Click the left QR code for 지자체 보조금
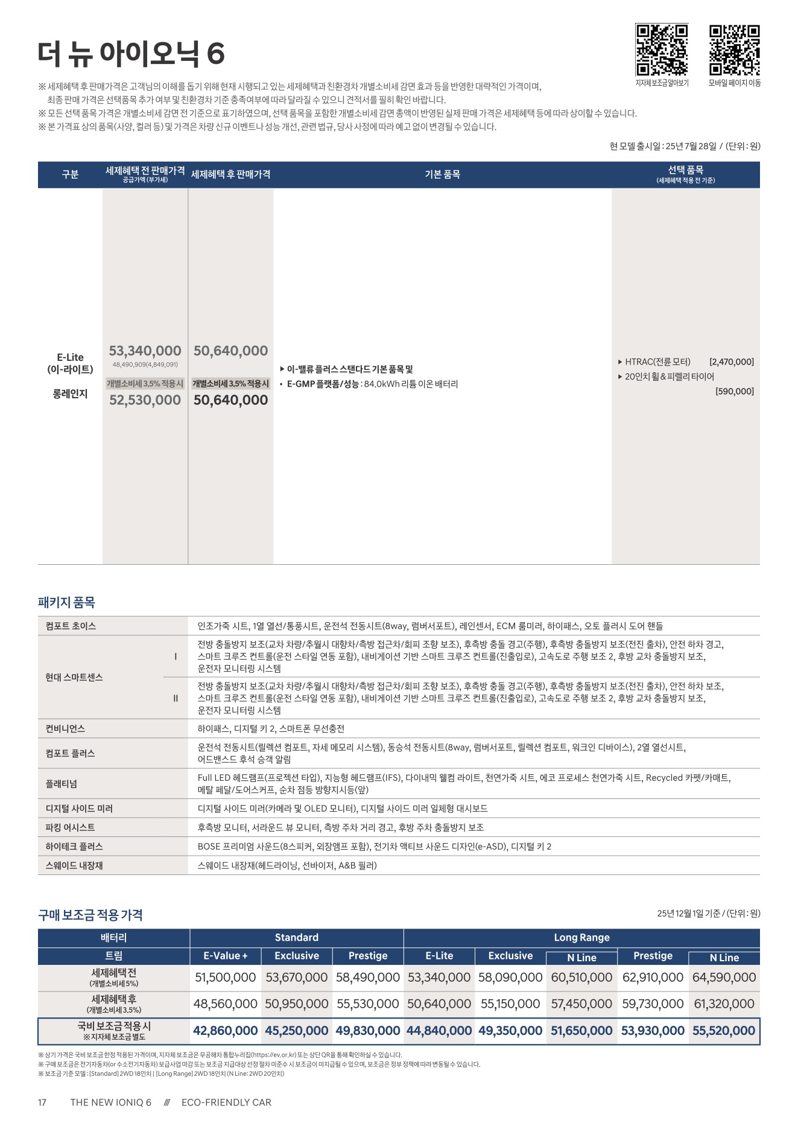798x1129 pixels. tap(661, 50)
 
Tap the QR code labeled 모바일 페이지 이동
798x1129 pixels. tap(734, 50)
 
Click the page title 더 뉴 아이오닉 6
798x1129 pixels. tap(131, 54)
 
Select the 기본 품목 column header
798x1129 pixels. tap(442, 174)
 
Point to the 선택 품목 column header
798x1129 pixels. tap(685, 174)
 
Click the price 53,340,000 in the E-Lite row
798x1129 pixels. tap(145, 351)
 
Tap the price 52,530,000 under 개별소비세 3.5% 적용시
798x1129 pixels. tap(145, 400)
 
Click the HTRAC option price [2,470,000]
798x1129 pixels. tap(731, 362)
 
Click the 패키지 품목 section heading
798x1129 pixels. tap(66, 602)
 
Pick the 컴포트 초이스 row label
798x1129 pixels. tap(71, 626)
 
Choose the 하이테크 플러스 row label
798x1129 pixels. tap(74, 846)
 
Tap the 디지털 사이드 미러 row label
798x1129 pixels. tap(79, 808)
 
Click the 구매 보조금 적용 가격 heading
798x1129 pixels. tap(90, 915)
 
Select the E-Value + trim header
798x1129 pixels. tap(226, 956)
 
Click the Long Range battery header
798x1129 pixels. tap(581, 937)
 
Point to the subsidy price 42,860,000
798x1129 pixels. tap(225, 1031)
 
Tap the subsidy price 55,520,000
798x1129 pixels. tap(723, 1031)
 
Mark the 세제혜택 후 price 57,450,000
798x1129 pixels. tap(581, 1004)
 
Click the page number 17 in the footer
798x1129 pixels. tap(42, 1102)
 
